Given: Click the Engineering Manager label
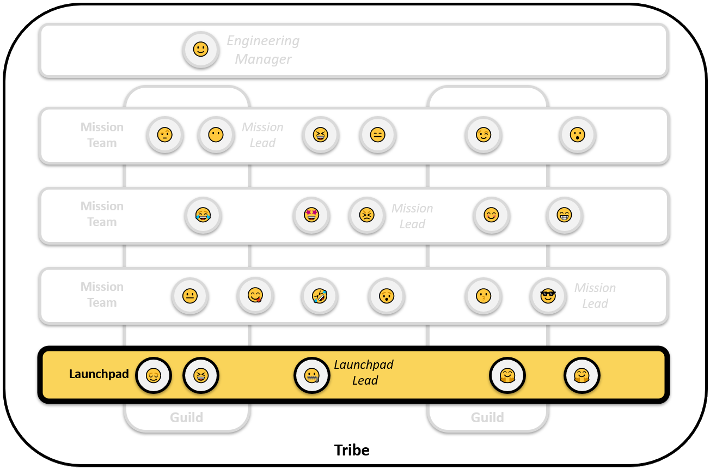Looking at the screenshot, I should pos(263,50).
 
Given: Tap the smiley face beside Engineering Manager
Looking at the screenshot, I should pos(201,50).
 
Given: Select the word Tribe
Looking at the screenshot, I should pos(352,450).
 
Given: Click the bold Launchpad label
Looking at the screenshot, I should pos(99,374).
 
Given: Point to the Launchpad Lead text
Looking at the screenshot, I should pos(364,373).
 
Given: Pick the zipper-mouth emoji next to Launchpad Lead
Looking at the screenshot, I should pos(312,375).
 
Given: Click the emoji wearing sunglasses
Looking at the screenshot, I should pos(548,296).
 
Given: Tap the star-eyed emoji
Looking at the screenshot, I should pos(311,215).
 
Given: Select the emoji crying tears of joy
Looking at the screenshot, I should pos(203,215).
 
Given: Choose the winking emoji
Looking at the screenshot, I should pos(483,135).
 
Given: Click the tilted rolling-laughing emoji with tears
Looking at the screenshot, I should pos(320,296).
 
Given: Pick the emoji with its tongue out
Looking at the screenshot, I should pos(255,296).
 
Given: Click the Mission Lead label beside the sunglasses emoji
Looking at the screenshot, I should pos(595,295).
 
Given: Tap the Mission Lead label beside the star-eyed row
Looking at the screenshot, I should pos(412,216).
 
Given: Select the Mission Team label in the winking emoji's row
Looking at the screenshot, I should pos(102,135).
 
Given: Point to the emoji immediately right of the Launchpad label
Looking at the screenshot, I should pos(154,375).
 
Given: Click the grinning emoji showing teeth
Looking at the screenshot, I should pos(564,215).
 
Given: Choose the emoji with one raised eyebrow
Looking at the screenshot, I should pos(164,135).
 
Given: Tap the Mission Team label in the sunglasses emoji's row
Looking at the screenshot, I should pos(102,294).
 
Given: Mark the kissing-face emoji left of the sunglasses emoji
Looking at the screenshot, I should pos(483,296).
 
